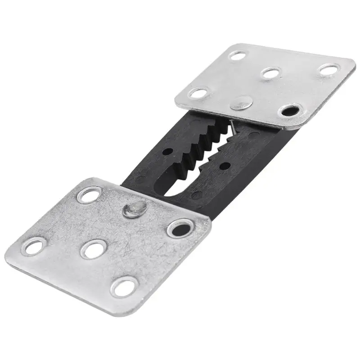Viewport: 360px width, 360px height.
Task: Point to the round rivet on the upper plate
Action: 241,103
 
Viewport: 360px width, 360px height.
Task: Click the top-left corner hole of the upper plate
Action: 237,55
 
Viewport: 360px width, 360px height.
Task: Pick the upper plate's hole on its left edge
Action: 198,93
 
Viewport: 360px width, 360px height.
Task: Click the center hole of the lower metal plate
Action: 94,248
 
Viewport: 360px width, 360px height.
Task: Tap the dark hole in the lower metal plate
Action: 181,228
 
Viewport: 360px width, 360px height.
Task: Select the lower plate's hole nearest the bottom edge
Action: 124,286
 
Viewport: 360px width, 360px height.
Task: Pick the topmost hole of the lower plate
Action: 88,194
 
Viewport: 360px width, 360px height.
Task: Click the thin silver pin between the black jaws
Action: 232,128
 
